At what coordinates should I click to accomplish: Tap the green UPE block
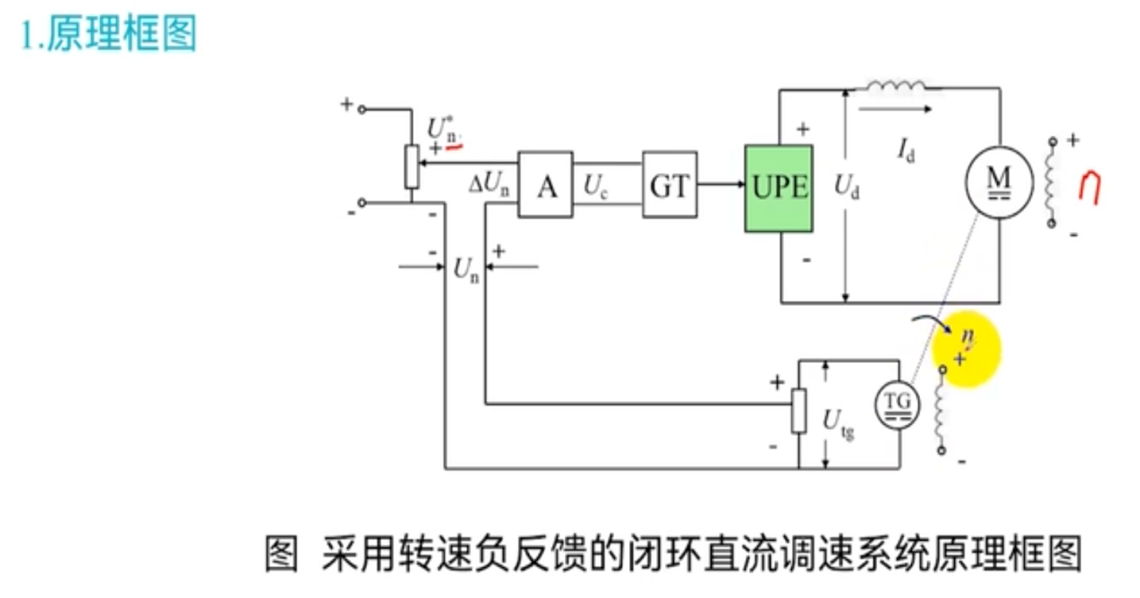point(779,188)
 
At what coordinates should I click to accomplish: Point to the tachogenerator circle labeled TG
point(898,405)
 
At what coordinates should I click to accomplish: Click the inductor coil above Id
point(895,85)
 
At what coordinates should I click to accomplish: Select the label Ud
point(847,188)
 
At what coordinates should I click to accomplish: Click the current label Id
point(906,149)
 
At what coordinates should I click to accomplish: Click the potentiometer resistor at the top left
point(412,167)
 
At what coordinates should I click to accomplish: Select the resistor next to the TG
point(799,411)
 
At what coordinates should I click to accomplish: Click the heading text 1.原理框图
point(108,35)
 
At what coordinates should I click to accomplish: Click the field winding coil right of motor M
point(1053,183)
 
